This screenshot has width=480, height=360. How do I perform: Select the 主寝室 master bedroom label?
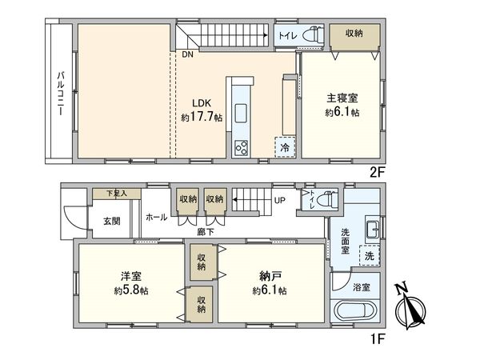pos(342,105)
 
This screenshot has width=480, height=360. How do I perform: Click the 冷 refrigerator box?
pos(284,148)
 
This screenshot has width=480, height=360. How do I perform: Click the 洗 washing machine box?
pos(369,256)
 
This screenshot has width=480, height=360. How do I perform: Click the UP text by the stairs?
pos(280,200)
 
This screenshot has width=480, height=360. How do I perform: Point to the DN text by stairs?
pos(187,55)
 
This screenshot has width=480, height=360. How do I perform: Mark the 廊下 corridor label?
pos(206,232)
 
